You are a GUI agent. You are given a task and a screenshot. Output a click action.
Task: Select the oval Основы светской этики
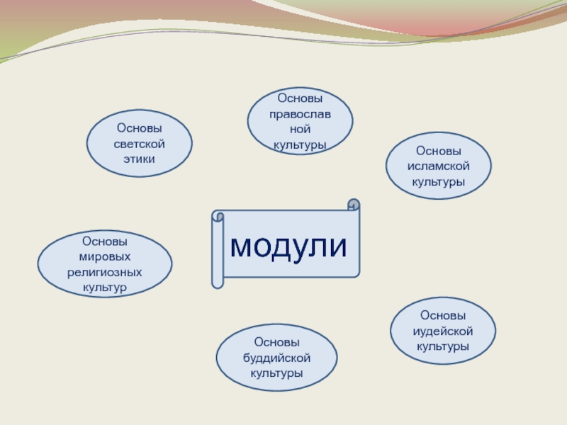click(139, 143)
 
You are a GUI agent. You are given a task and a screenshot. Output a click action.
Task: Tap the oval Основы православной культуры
click(300, 121)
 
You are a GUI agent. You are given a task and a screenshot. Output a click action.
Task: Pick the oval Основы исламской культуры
click(438, 167)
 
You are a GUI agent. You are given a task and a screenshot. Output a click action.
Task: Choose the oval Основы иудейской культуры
click(443, 331)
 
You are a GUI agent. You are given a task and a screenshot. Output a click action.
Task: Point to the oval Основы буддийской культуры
click(276, 358)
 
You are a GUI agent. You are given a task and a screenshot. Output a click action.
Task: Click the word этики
click(139, 159)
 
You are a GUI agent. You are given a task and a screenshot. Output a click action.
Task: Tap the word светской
click(139, 144)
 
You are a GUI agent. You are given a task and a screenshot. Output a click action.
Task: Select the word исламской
click(438, 166)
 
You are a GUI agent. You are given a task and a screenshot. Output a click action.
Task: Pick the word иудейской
click(443, 331)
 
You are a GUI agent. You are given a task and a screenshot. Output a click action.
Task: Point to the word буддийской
click(276, 358)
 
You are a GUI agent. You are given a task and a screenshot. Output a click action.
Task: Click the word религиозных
click(104, 271)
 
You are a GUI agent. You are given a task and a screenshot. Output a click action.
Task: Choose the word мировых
click(104, 256)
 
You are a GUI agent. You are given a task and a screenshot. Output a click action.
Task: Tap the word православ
click(300, 113)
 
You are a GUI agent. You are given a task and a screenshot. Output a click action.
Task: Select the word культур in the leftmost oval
click(104, 287)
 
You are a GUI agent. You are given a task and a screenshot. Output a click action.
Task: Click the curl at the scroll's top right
click(353, 205)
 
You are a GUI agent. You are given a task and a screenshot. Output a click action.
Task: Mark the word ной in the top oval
click(300, 129)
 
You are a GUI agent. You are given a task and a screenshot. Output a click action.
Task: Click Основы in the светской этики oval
click(139, 128)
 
